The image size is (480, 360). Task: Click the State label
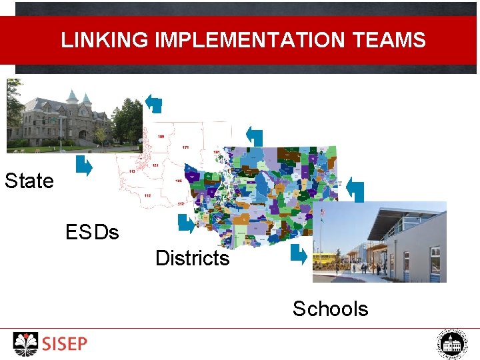pos(29,181)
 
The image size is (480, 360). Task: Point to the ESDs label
pos(92,233)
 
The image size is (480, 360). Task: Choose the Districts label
pos(192,258)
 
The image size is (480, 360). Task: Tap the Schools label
pos(330,309)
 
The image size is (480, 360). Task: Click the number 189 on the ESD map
pos(161,136)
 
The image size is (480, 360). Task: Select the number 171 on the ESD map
pos(186,147)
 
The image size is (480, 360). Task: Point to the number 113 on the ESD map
pos(132,171)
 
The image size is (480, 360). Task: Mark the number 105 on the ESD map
pos(179,181)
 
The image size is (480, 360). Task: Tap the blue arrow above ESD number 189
pos(153,103)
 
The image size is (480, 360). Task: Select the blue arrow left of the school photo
pos(298,254)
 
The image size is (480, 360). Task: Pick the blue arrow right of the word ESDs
pos(186,224)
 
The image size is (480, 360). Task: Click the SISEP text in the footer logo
pos(65,344)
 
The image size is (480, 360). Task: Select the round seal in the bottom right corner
pos(453,344)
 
